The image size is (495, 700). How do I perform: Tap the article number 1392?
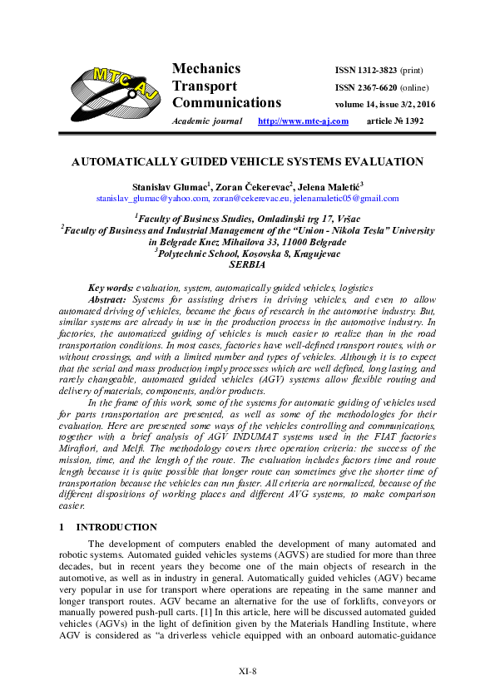coord(409,121)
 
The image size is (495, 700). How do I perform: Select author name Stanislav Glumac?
coord(171,187)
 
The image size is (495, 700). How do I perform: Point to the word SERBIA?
coord(247,264)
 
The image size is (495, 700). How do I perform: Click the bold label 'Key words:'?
coord(111,286)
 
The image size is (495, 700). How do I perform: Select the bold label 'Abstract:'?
coord(108,298)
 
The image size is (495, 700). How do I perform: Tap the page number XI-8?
coord(247,670)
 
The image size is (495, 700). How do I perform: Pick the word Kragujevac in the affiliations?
coord(309,253)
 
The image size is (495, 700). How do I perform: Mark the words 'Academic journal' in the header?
coord(205,121)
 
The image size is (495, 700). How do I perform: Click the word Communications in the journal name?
coord(226,103)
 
